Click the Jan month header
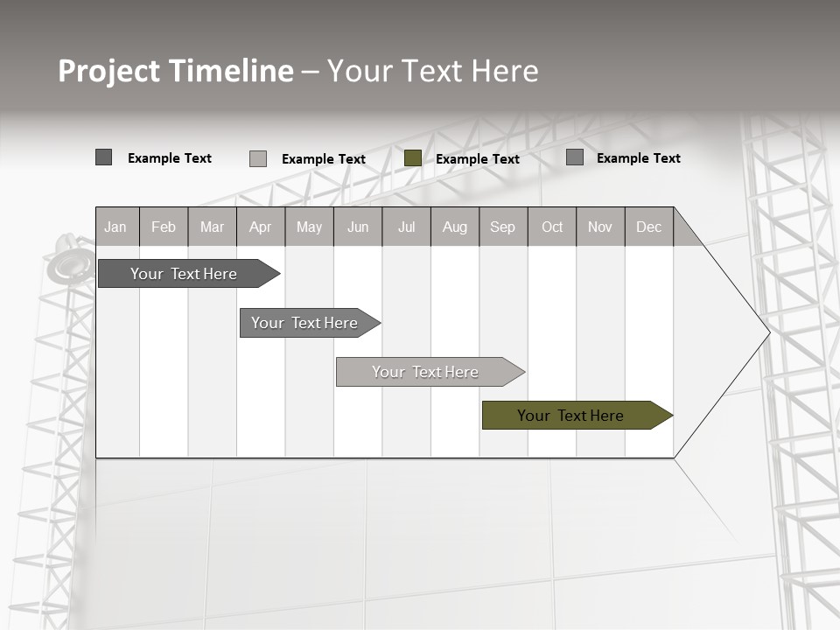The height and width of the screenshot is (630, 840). click(115, 227)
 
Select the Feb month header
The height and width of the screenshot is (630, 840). click(164, 227)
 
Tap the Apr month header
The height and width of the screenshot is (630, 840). click(260, 227)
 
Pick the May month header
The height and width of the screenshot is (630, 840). click(309, 227)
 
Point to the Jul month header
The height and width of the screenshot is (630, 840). click(406, 227)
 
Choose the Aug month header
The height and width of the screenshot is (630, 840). click(454, 227)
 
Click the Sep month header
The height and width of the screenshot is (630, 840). click(502, 227)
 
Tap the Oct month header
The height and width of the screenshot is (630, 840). click(552, 227)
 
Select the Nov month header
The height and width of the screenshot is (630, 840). click(600, 227)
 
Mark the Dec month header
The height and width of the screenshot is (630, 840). click(648, 227)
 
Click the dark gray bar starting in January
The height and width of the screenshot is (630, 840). click(184, 274)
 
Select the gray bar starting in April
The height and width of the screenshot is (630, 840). click(304, 323)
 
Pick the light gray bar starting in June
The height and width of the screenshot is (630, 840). click(425, 372)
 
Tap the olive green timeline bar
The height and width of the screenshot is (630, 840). click(570, 416)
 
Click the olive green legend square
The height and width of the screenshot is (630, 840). click(413, 158)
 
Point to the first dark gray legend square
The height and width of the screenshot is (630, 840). click(103, 157)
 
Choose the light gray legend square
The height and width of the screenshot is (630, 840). click(258, 158)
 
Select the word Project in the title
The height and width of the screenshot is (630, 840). click(108, 71)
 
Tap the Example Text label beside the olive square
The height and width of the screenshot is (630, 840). click(478, 159)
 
